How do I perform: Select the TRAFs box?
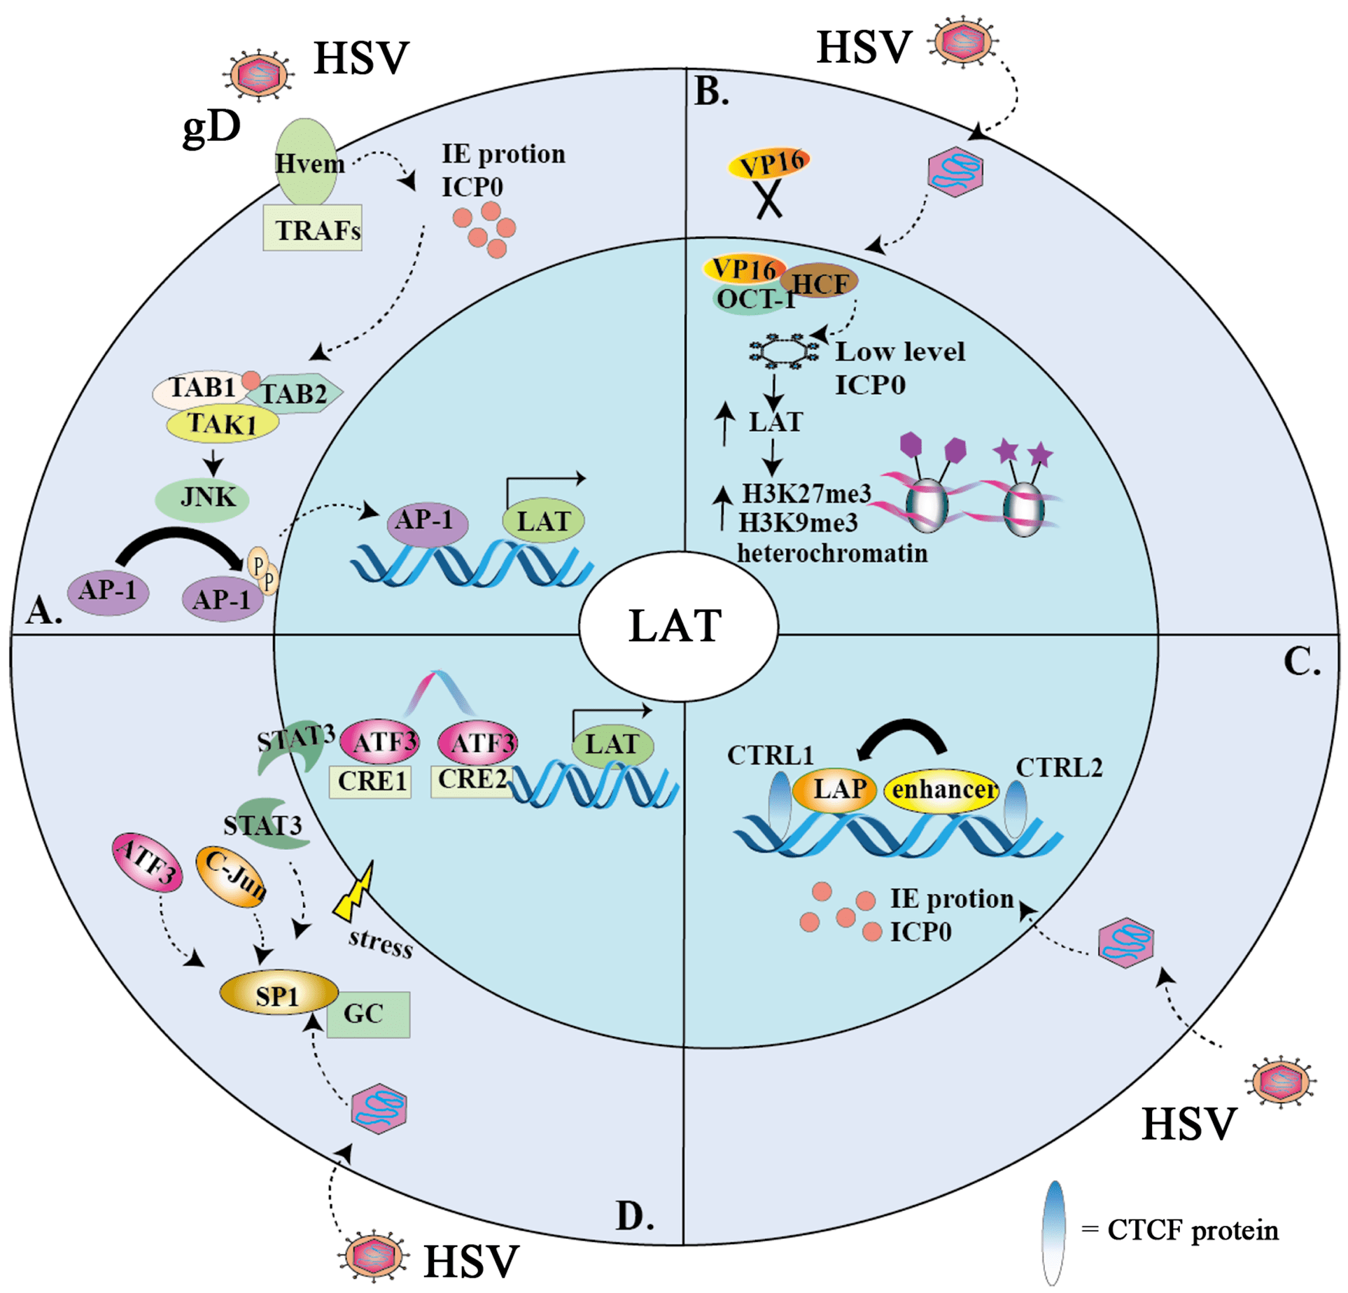[313, 228]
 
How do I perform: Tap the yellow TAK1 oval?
[223, 423]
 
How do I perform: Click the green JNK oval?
[202, 498]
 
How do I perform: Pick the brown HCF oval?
[819, 281]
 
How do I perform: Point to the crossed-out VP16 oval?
[769, 163]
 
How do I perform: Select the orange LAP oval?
[834, 790]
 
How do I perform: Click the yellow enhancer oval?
[942, 790]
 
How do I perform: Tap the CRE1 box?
[370, 781]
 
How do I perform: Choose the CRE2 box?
[471, 779]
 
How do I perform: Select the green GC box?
[368, 1014]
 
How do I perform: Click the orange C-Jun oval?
[232, 877]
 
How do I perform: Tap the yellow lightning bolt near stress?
[355, 892]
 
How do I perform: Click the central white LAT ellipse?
[678, 626]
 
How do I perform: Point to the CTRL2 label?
[1058, 768]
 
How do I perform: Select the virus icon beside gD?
[259, 75]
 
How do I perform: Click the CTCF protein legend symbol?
[1053, 1232]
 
